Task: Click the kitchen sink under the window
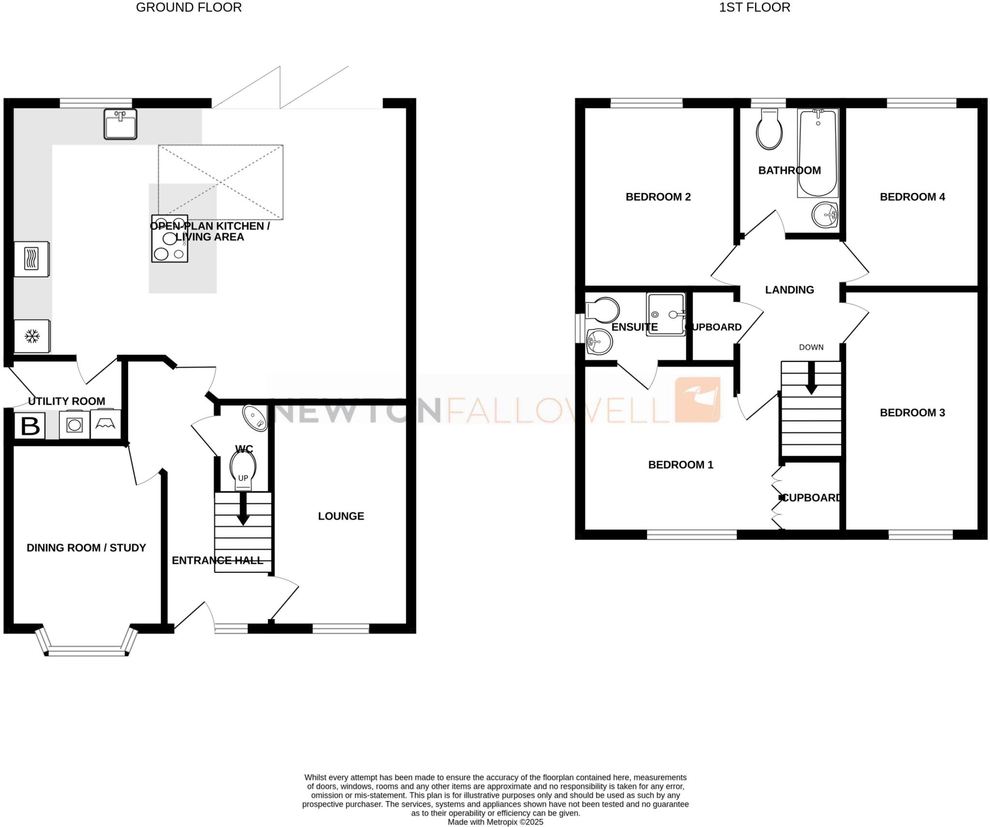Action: pos(120,124)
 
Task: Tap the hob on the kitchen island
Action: pos(169,239)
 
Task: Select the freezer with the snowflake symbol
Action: pos(32,336)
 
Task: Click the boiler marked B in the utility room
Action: pos(30,426)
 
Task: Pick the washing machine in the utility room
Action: pos(74,425)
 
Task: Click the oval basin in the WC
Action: pos(255,418)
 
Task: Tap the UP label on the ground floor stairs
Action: pos(243,478)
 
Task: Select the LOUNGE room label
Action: pos(341,516)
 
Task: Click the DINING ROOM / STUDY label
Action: pos(86,548)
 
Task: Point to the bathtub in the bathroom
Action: pos(817,153)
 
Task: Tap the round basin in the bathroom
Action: pos(825,215)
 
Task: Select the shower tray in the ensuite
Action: pos(666,314)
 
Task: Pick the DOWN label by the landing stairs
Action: pos(811,347)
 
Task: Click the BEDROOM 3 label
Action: pos(912,413)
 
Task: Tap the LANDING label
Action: pos(789,290)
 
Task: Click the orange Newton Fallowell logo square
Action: pos(698,400)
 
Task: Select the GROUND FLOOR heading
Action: pos(189,8)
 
